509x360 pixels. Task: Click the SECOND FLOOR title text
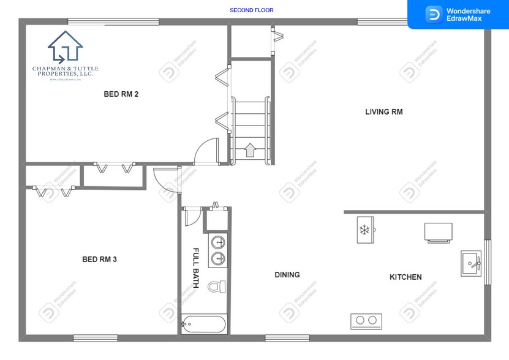251,10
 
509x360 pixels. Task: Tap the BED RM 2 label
121,94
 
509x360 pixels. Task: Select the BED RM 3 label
99,260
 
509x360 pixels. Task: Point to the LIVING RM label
383,112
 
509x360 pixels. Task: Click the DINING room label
287,275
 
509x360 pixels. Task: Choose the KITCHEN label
405,277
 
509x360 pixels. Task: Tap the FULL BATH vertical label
196,268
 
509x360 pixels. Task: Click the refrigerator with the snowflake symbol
365,230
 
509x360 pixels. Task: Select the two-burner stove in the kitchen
366,320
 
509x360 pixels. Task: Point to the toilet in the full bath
216,287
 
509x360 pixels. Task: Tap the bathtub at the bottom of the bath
204,323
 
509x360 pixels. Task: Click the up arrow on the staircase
250,150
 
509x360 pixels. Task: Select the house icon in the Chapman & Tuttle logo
65,47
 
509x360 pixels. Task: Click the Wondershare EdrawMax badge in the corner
458,15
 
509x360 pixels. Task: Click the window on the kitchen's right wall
488,263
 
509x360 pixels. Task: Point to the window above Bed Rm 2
113,22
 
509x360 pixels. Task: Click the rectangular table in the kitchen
439,232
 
